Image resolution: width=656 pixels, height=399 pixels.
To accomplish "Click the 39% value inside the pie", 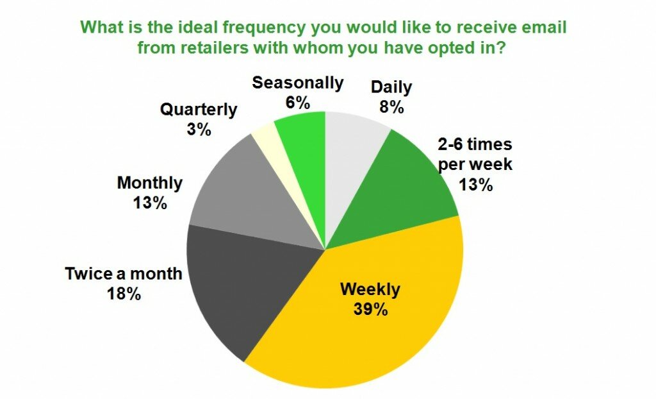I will click(x=370, y=309).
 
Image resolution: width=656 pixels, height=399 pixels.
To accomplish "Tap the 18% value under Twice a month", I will click(x=124, y=294).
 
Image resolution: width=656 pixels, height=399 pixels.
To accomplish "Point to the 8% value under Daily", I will click(x=391, y=107).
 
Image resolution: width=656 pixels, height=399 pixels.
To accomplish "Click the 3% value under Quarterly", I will click(x=199, y=130).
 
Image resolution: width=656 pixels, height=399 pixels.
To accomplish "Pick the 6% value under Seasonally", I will click(x=298, y=103).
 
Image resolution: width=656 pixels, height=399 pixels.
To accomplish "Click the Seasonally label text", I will click(x=298, y=83).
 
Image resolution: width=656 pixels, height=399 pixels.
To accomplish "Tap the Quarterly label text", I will click(x=199, y=110).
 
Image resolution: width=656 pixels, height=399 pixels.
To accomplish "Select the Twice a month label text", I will click(x=124, y=274).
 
